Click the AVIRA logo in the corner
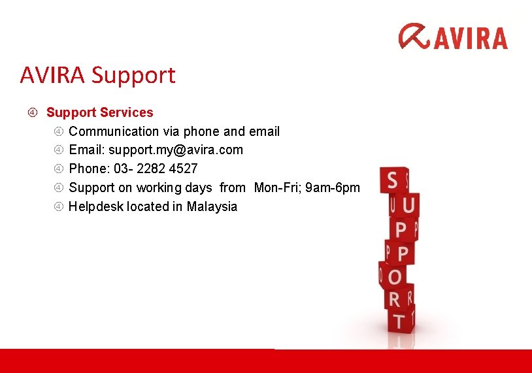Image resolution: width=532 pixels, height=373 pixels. click(453, 37)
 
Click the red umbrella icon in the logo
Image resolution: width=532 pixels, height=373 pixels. click(414, 37)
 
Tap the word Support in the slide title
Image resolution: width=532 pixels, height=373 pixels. click(133, 75)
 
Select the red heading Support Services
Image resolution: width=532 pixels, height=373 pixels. click(99, 112)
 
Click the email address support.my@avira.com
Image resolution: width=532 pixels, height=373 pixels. click(175, 150)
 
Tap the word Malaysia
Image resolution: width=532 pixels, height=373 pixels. click(212, 206)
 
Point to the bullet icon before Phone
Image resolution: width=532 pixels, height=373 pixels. click(58, 169)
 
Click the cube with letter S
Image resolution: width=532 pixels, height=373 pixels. click(393, 181)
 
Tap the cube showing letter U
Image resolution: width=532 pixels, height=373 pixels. click(408, 206)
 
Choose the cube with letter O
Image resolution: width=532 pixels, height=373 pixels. click(394, 276)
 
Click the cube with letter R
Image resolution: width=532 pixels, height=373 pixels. click(396, 299)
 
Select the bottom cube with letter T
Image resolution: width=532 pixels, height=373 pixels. click(398, 321)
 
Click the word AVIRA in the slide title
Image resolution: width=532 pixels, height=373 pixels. click(54, 75)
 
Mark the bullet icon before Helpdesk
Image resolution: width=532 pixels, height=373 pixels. click(58, 206)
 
